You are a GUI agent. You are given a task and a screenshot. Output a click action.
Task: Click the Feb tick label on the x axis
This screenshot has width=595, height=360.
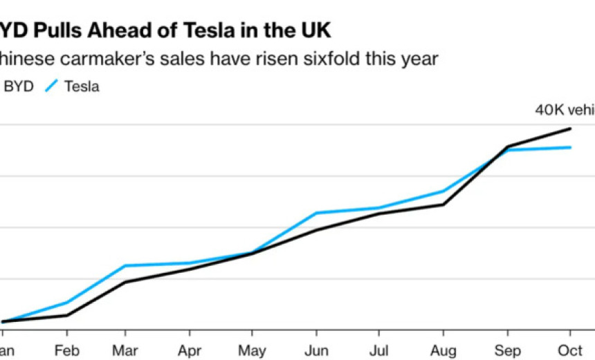(67, 350)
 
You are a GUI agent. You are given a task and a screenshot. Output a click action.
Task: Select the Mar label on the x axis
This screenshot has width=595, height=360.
(126, 350)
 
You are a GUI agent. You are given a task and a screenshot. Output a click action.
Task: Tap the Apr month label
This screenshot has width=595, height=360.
(190, 350)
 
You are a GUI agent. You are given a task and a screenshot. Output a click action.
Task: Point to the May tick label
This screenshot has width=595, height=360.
(252, 350)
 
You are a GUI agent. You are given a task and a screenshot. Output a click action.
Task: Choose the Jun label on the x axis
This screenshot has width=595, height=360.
(316, 350)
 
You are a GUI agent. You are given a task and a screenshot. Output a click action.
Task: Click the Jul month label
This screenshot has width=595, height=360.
(379, 350)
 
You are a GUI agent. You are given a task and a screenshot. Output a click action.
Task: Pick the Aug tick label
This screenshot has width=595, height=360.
(443, 350)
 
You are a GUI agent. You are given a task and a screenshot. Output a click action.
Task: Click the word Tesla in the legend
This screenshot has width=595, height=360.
(82, 87)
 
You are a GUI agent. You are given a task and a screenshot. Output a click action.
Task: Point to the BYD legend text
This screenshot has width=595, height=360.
(19, 87)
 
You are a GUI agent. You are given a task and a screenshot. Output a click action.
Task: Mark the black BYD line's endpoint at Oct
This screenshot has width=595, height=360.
(570, 129)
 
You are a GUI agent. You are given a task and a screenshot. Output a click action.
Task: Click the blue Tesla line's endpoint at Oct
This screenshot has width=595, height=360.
(570, 147)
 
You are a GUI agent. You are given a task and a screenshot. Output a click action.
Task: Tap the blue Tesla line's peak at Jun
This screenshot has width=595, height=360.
(316, 213)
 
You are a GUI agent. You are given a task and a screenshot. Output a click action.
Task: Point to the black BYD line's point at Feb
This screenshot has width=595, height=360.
(67, 315)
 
